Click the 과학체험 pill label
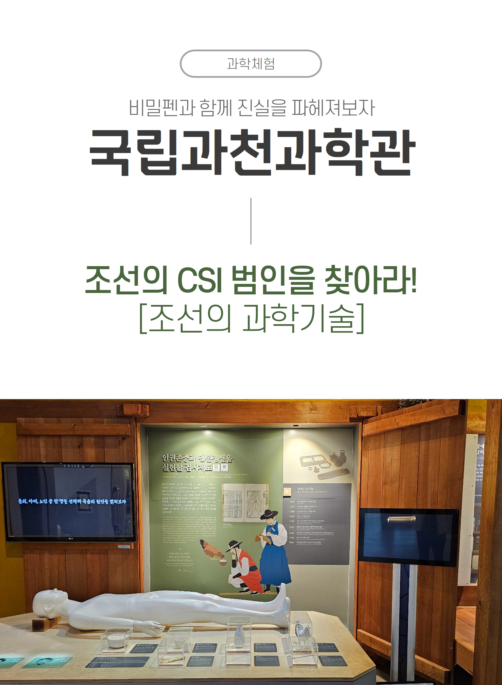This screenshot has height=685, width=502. coord(251,64)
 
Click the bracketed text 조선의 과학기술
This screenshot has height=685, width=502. coord(252,318)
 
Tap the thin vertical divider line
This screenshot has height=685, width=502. coord(251,221)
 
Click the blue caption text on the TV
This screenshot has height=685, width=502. coord(72,501)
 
